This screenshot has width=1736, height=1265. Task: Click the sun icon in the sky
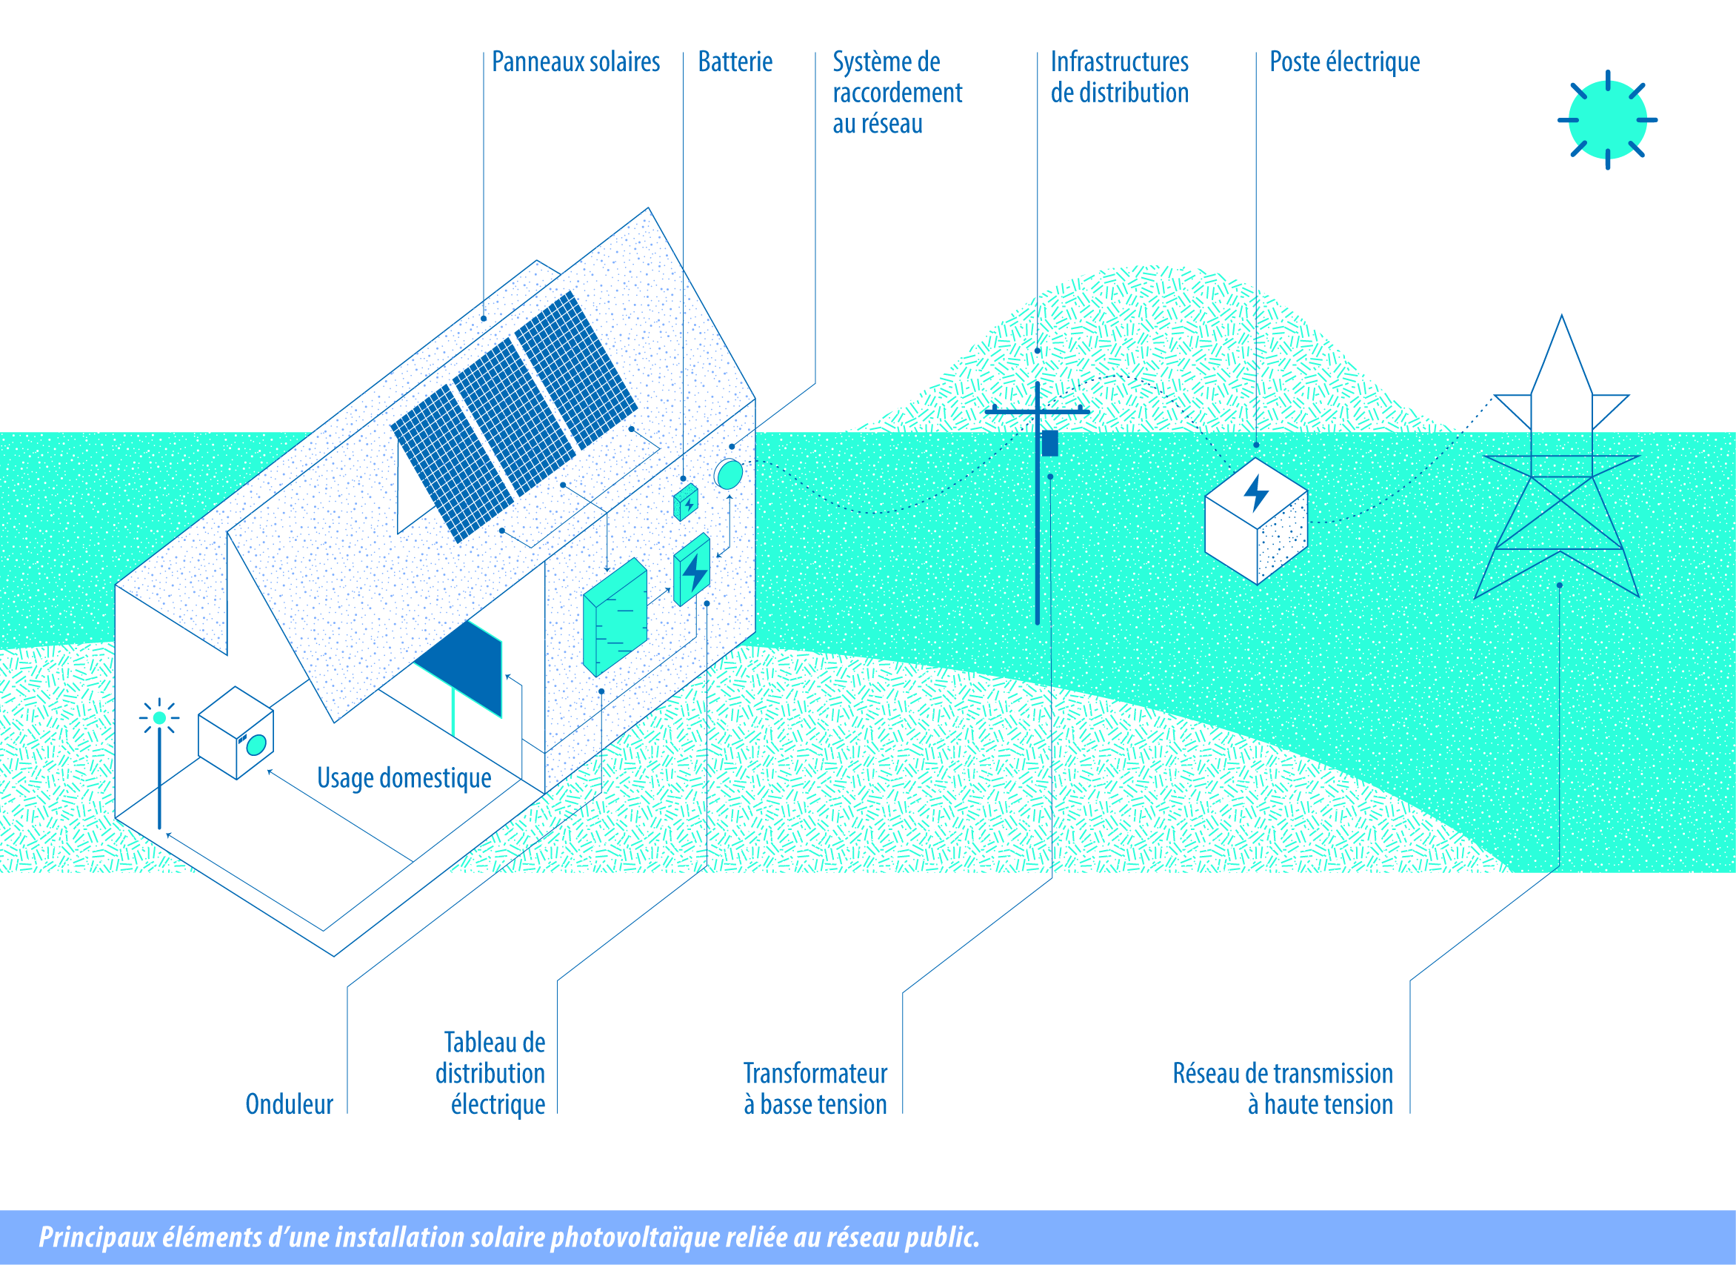tap(1607, 119)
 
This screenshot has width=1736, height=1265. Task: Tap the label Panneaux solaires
tap(575, 62)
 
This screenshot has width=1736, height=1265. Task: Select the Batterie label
tap(735, 62)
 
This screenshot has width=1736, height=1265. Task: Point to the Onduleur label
tap(290, 1104)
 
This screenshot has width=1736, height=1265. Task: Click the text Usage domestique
tap(404, 778)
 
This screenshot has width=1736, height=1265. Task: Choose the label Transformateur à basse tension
tap(815, 1089)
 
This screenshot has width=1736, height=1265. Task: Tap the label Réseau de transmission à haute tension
tap(1283, 1089)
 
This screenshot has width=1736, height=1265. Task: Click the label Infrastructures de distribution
tap(1119, 76)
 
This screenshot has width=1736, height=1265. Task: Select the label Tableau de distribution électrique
tap(490, 1074)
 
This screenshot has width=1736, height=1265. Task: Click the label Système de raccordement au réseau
tap(897, 93)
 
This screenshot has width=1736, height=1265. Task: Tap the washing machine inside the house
tap(236, 733)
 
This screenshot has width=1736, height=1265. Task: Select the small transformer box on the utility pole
tap(1050, 443)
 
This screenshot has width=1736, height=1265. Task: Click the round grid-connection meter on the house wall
tap(728, 475)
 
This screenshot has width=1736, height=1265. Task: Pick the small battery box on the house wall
tap(686, 502)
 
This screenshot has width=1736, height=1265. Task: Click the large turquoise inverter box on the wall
tap(615, 617)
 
